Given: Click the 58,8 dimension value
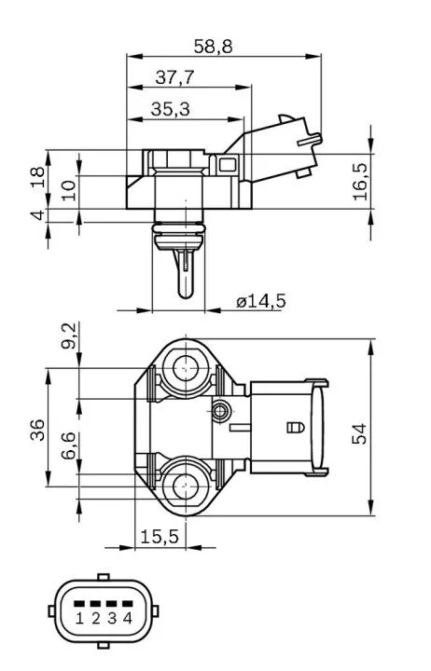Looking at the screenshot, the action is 213,47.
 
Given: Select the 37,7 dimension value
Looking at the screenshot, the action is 174,77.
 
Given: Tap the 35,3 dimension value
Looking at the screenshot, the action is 170,109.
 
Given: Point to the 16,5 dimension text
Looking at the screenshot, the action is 360,181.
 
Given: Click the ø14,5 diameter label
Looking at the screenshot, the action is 261,301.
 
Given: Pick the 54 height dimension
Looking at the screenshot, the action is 359,433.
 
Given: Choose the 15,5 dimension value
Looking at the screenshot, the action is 160,536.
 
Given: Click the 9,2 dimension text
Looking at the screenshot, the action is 68,335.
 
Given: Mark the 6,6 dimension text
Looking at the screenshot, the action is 68,445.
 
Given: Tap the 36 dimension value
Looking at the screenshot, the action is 37,430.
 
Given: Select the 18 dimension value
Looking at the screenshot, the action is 37,177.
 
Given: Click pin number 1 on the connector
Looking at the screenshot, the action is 79,618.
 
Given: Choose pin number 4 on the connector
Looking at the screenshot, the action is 128,618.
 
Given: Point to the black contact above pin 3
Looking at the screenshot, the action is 111,604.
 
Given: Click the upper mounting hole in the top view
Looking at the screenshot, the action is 186,367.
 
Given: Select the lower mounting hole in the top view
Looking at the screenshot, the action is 186,486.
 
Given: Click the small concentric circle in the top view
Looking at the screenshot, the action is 221,411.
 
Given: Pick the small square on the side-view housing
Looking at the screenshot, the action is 227,165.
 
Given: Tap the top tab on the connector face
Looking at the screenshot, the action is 104,577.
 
